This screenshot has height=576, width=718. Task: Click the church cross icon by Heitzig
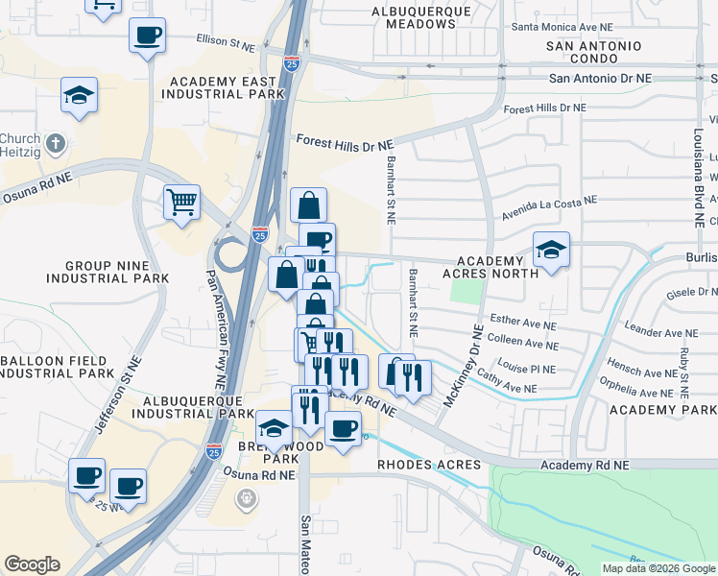click(57, 146)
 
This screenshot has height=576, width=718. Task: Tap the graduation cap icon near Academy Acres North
click(551, 250)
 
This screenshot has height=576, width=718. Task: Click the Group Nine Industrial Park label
click(104, 272)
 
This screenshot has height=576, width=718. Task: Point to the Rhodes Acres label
click(426, 465)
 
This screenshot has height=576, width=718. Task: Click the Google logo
click(32, 564)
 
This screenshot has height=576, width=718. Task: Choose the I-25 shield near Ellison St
click(292, 63)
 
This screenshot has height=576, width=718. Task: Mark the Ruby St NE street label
click(683, 372)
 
